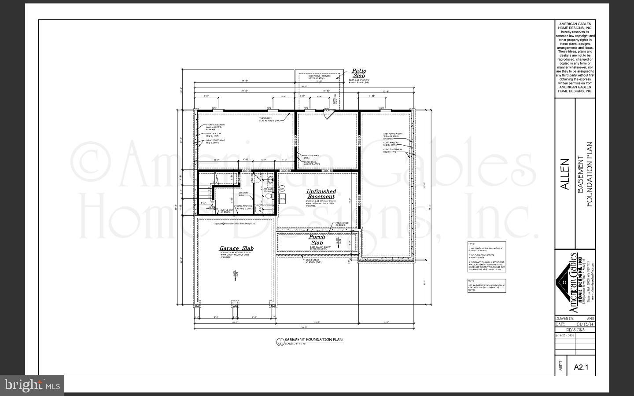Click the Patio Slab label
pyautogui.click(x=359, y=73)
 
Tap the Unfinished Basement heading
pyautogui.click(x=321, y=194)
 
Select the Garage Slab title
pyautogui.click(x=236, y=249)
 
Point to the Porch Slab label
pyautogui.click(x=317, y=240)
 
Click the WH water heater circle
pyautogui.click(x=282, y=188)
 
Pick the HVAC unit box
pyautogui.click(x=283, y=198)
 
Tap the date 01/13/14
pyautogui.click(x=585, y=324)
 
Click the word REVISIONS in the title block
pyautogui.click(x=575, y=330)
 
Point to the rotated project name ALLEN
pyautogui.click(x=565, y=174)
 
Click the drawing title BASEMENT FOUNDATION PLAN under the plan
pyautogui.click(x=313, y=340)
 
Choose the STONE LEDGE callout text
pyautogui.click(x=313, y=261)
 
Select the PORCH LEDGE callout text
pyautogui.click(x=343, y=224)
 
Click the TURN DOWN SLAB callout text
pyautogui.click(x=269, y=119)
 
